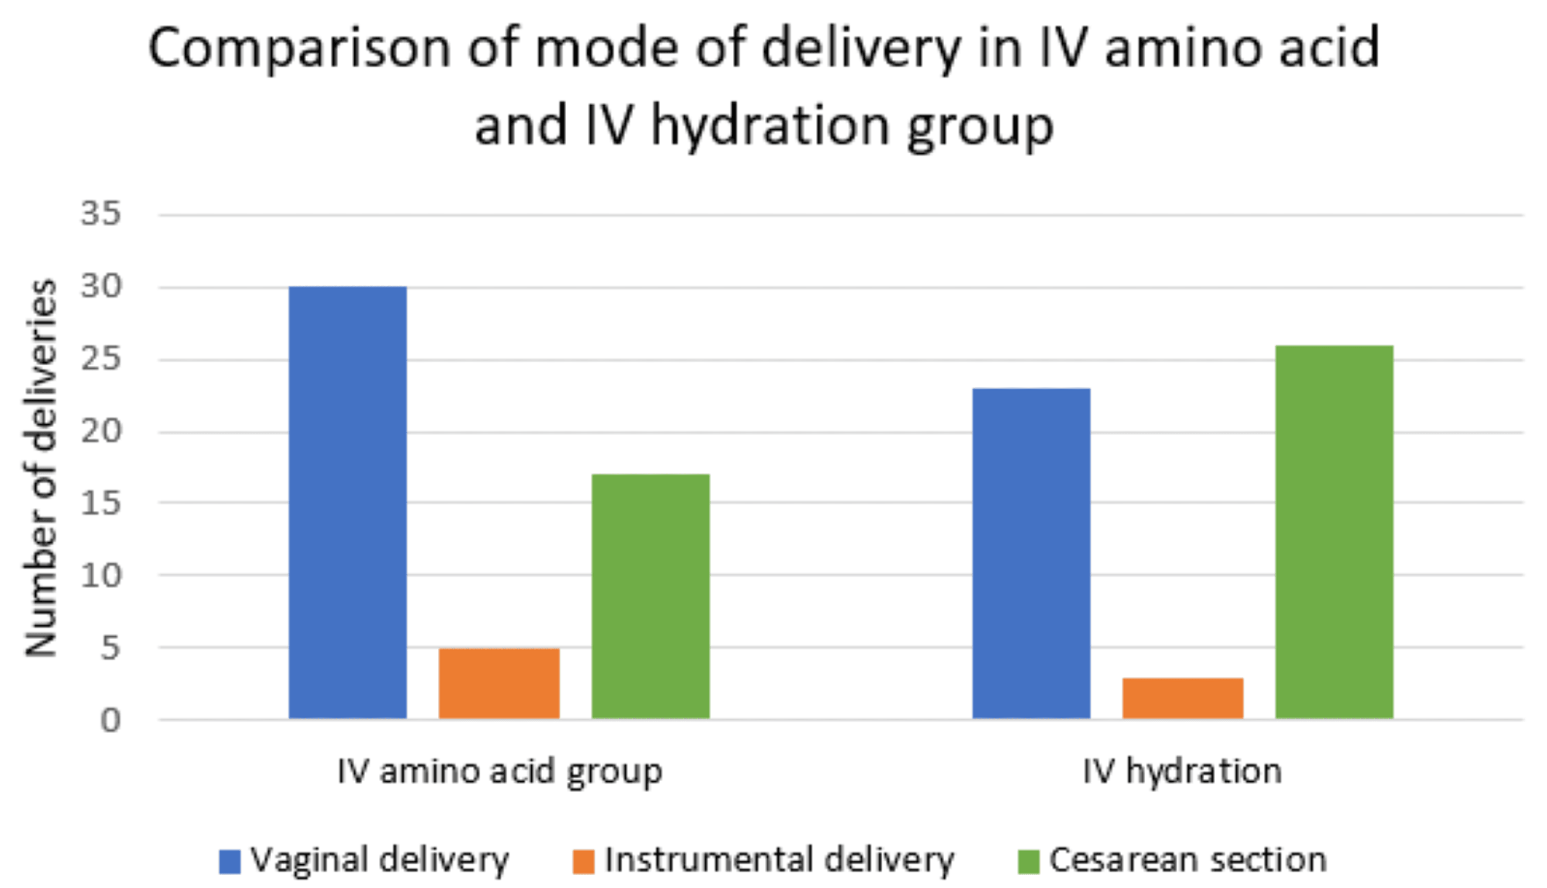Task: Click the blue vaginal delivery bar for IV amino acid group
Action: (x=348, y=503)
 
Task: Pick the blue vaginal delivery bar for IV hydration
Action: (x=1031, y=553)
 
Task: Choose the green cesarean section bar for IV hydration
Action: (x=1334, y=532)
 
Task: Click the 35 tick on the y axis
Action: (x=101, y=214)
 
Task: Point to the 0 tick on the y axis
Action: (x=110, y=721)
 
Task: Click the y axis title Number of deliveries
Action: (x=41, y=468)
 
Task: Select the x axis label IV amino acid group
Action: (x=500, y=771)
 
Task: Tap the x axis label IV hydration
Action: (x=1182, y=771)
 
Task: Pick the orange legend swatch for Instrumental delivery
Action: (x=583, y=862)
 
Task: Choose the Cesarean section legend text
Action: (x=1188, y=861)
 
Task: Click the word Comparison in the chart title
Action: (x=299, y=49)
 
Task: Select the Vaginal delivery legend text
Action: (x=379, y=861)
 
